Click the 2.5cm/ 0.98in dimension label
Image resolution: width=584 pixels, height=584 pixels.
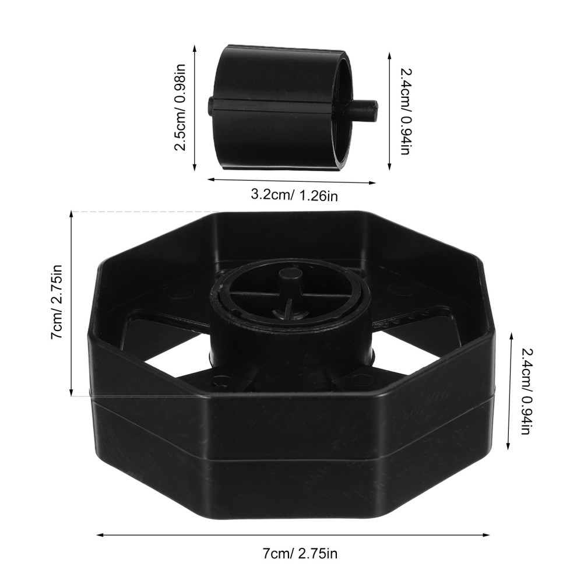tap(180, 107)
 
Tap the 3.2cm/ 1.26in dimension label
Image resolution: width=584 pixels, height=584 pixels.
tap(294, 195)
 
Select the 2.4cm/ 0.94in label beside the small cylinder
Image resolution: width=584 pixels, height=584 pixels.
tap(405, 111)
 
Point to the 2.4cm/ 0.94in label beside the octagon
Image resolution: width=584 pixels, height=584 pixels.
tap(525, 392)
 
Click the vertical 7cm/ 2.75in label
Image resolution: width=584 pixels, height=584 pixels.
tap(56, 302)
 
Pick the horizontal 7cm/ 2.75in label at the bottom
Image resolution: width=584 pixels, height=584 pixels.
tap(300, 554)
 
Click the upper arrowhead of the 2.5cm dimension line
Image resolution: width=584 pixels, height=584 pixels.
tap(194, 47)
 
